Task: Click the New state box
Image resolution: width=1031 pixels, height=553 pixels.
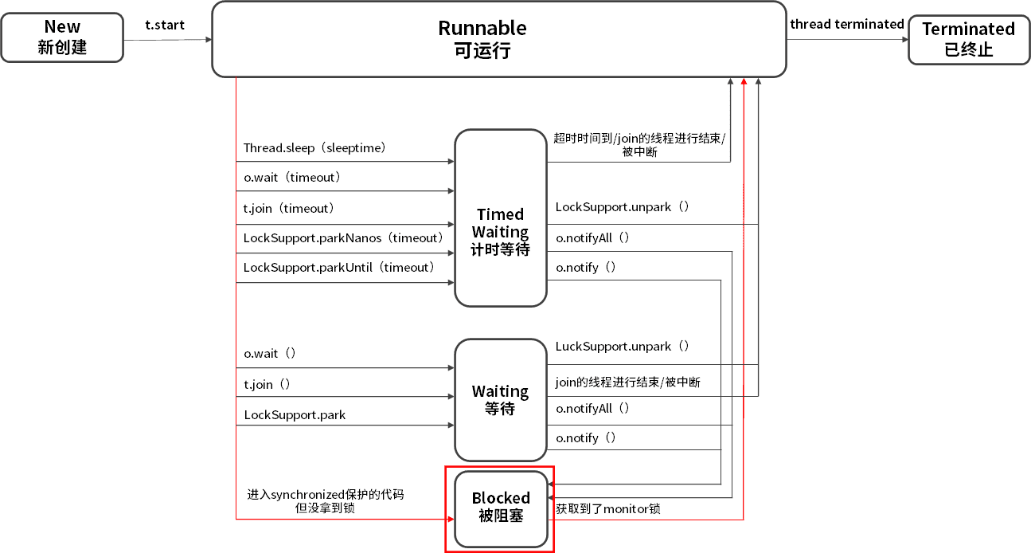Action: click(x=62, y=37)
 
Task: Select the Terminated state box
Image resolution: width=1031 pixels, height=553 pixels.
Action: click(x=968, y=38)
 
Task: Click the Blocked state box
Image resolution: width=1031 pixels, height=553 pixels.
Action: click(x=500, y=507)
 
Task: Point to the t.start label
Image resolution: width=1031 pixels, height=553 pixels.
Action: click(x=165, y=25)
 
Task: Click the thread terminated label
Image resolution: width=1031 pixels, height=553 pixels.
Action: click(x=846, y=24)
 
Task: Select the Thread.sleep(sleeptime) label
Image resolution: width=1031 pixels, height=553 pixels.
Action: click(x=314, y=148)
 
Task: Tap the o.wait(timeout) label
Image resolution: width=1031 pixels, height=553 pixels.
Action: click(x=292, y=178)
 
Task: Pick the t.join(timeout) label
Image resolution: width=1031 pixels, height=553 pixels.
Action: click(x=289, y=208)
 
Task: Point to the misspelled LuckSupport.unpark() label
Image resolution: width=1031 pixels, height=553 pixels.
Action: click(x=623, y=347)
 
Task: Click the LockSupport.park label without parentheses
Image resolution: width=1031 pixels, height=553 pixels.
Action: click(x=295, y=415)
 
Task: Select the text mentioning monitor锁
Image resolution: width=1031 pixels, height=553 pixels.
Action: click(x=607, y=508)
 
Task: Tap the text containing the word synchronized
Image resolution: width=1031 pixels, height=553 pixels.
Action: click(x=325, y=495)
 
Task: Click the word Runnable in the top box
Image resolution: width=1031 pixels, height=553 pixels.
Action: click(x=482, y=28)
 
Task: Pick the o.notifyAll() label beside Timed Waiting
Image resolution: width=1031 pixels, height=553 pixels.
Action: click(x=593, y=237)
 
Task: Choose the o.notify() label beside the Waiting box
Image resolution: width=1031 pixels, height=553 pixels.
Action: click(x=586, y=437)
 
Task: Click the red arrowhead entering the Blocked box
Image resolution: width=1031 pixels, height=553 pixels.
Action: click(x=449, y=519)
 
